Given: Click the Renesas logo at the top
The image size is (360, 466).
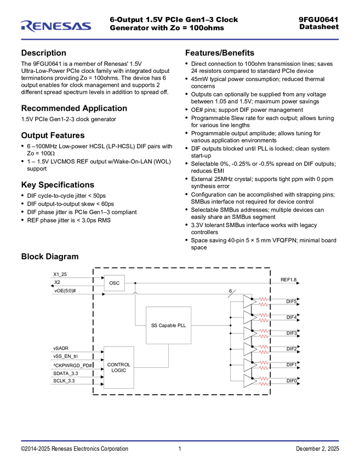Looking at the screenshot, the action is tap(56, 26).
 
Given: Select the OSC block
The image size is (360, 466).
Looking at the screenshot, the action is tap(114, 283).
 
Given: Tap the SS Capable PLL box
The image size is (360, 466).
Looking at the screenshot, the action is tap(168, 325).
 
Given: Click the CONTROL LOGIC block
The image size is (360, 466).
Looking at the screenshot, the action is tap(118, 367).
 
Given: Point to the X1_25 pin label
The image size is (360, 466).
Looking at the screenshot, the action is tap(60, 274).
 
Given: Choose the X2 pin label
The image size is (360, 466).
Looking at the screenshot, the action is tap(57, 282).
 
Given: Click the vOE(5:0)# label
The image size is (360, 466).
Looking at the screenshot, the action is tap(65, 291).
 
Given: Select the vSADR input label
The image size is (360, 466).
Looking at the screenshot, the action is tap(61, 348).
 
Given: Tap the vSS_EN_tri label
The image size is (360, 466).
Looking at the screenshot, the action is tap(65, 356).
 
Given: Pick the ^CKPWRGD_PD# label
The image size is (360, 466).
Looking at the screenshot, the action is tap(72, 365).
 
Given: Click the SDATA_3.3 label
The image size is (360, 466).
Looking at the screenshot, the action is tap(66, 373).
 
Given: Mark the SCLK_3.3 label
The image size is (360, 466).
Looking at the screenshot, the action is tap(64, 380).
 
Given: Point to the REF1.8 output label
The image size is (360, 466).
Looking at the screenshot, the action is tap(288, 280).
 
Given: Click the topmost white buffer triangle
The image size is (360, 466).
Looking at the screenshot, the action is tap(249, 302).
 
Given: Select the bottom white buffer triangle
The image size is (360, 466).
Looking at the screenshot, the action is tap(249, 382).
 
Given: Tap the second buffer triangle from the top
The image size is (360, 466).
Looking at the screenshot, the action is tap(249, 317).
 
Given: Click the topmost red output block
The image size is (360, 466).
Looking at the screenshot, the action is tap(264, 301).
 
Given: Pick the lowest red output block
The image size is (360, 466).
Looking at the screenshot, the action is tap(264, 381).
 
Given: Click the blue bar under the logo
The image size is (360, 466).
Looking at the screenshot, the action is tap(180, 39).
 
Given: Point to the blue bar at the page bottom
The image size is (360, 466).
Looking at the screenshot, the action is tap(180, 441).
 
